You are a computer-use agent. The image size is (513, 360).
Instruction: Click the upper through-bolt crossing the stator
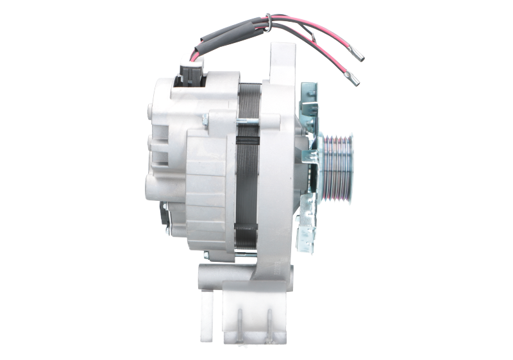click(253, 119)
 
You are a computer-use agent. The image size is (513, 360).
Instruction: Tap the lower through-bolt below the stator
click(250, 255)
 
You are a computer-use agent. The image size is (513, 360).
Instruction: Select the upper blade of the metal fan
click(309, 103)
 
